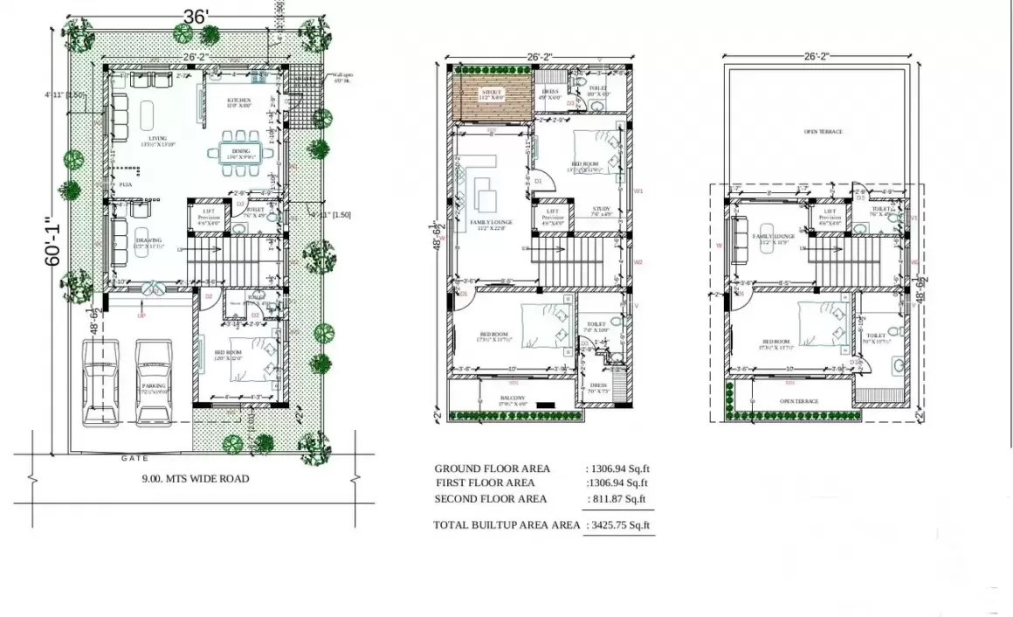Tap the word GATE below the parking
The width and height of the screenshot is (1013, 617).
point(135,457)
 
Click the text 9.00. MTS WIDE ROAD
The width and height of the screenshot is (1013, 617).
point(196,478)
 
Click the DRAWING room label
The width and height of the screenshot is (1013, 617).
point(148,243)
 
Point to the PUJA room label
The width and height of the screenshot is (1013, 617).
point(125,185)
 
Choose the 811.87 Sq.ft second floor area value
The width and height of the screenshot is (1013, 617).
point(621,499)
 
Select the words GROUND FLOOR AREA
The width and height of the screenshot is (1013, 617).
point(492,468)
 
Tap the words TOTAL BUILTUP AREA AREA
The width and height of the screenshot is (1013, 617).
point(507,525)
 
